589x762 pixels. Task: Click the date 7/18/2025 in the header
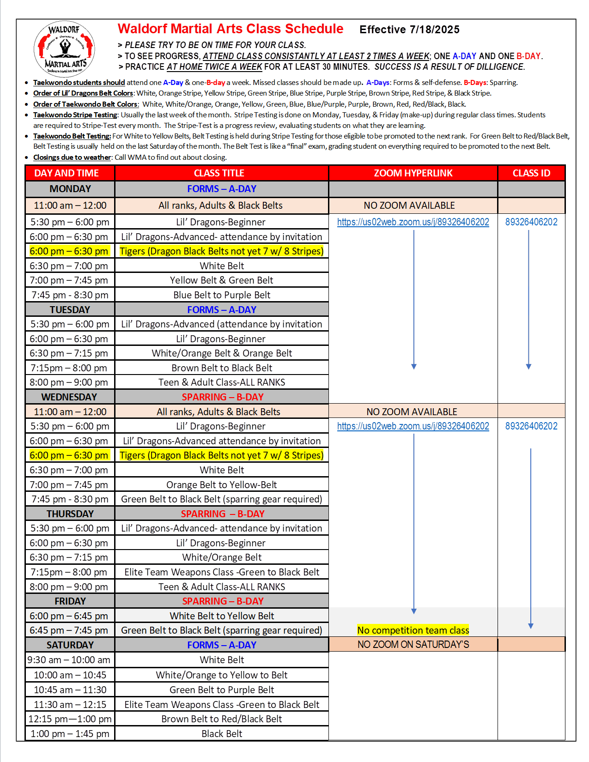point(434,30)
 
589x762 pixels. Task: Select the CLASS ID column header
point(531,173)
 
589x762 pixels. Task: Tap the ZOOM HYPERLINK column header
point(413,173)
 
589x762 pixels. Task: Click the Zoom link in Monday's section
point(413,222)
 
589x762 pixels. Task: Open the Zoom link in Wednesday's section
point(413,426)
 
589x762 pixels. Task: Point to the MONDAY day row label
point(70,189)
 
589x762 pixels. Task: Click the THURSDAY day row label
point(70,514)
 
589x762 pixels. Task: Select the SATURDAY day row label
point(70,645)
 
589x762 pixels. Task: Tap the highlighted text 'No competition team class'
point(413,630)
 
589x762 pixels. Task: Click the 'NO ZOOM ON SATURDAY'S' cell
point(413,645)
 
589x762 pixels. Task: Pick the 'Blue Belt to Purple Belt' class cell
point(222,295)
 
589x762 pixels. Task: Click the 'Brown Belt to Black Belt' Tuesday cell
point(222,368)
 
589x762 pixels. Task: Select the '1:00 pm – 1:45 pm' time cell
point(70,734)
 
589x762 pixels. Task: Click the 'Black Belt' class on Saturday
point(222,734)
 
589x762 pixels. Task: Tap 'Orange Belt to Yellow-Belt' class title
point(222,485)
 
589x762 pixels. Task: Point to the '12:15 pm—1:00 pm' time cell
point(70,719)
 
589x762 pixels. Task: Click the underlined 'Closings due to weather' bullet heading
point(72,157)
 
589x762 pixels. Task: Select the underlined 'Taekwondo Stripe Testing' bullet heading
point(75,115)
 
